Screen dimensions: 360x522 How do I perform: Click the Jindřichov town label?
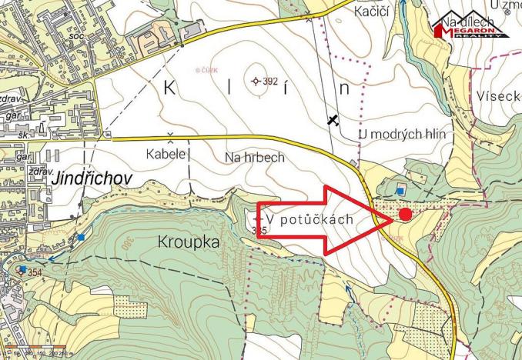click(x=92, y=178)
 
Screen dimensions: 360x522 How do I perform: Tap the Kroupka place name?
click(x=188, y=242)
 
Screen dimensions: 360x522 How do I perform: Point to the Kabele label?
click(x=166, y=154)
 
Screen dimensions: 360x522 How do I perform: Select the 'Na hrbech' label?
click(x=255, y=158)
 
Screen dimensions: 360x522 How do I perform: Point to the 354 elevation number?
click(x=35, y=272)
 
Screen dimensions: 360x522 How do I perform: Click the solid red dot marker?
click(x=406, y=215)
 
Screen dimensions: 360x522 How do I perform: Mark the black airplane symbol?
click(x=333, y=119)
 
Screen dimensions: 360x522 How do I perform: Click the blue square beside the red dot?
click(x=400, y=189)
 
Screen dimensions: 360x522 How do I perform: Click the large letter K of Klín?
click(x=169, y=87)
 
